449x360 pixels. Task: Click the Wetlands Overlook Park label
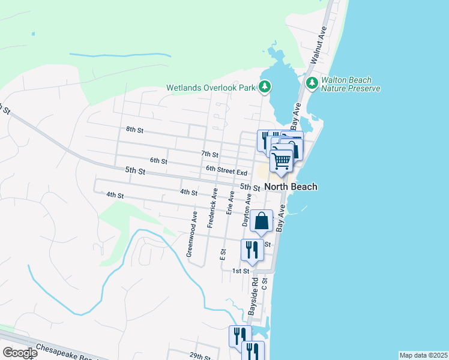click(x=211, y=88)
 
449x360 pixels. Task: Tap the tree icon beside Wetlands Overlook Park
click(x=265, y=88)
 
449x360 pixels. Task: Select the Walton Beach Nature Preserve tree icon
click(x=312, y=83)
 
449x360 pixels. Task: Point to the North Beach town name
click(x=291, y=187)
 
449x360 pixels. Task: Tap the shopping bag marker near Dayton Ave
click(x=262, y=221)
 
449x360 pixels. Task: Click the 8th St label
click(x=134, y=130)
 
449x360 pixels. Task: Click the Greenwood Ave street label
click(x=192, y=234)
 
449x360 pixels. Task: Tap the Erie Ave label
click(x=230, y=203)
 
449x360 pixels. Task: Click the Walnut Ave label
click(x=318, y=45)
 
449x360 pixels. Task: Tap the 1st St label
click(x=241, y=271)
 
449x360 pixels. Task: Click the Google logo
click(x=19, y=353)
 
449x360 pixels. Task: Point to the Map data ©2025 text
click(x=423, y=355)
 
